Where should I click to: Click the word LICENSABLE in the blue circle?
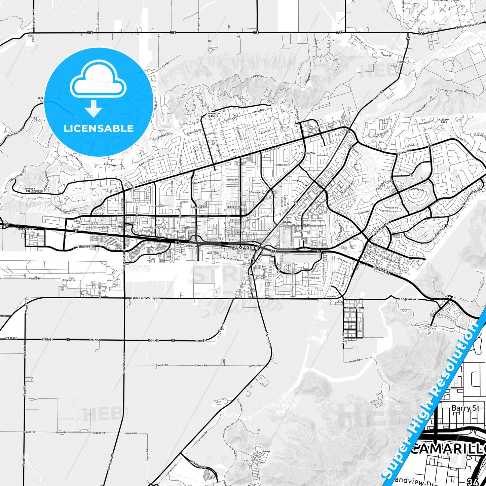point(99,128)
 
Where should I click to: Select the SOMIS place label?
point(402,62)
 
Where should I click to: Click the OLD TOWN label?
point(213,253)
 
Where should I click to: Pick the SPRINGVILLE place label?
point(26,229)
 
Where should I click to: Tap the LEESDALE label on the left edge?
point(11,338)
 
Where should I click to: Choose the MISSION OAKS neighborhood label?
point(444,121)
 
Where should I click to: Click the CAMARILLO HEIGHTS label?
point(213,115)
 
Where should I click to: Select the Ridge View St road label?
point(409,299)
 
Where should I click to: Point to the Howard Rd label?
point(354,361)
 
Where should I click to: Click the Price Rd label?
point(199,23)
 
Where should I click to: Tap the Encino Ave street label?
point(110,165)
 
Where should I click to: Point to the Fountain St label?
point(312,278)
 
